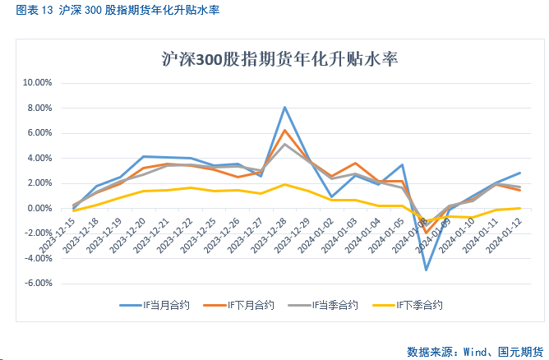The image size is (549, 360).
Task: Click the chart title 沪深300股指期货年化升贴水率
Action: [275, 60]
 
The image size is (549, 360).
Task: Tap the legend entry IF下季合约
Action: [419, 305]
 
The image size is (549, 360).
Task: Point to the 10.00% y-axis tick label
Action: [36, 83]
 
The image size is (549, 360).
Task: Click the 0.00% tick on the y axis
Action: [39, 209]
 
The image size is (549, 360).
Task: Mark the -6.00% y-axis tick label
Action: [38, 284]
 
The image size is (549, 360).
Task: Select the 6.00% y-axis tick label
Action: [39, 133]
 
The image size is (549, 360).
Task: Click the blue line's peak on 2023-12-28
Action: [284, 107]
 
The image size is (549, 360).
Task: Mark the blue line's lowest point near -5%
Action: [426, 270]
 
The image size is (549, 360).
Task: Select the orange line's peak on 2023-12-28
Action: [284, 130]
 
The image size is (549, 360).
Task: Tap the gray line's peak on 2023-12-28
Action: [284, 144]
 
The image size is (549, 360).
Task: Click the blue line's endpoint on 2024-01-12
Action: [519, 173]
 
